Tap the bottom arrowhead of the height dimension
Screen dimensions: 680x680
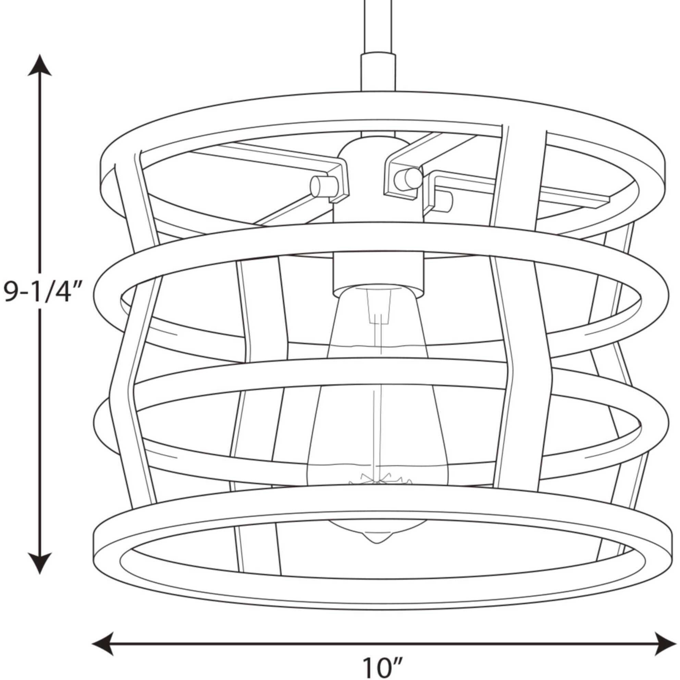click(x=40, y=562)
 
